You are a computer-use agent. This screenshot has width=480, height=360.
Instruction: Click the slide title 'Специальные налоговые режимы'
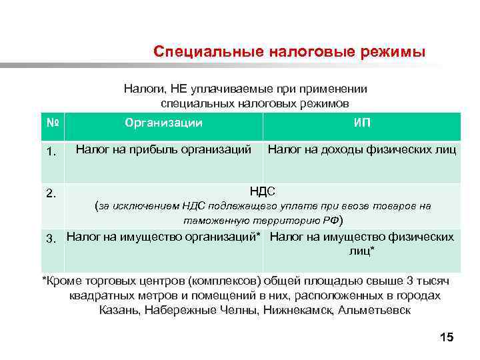(x=288, y=52)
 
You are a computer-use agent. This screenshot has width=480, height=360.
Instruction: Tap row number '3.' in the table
(x=55, y=237)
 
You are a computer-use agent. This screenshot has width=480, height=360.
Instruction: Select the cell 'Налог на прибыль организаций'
(x=163, y=149)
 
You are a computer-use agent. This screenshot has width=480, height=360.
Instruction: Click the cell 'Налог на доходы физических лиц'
(x=362, y=149)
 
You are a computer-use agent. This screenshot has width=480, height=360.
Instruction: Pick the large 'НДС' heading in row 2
(x=263, y=191)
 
